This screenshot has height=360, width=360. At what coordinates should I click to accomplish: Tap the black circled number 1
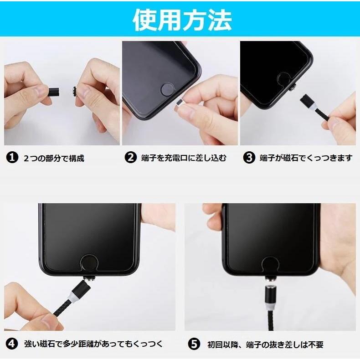point(12,158)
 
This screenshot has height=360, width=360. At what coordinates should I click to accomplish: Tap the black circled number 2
point(130,158)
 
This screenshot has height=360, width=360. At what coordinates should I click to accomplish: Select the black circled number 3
point(249,158)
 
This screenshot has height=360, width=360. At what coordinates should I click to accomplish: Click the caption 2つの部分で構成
point(54,158)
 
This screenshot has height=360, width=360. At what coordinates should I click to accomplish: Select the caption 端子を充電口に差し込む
point(184,158)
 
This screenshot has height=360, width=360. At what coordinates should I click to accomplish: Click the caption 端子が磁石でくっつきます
point(306,158)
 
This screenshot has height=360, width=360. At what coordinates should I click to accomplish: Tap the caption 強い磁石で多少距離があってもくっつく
point(93,344)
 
